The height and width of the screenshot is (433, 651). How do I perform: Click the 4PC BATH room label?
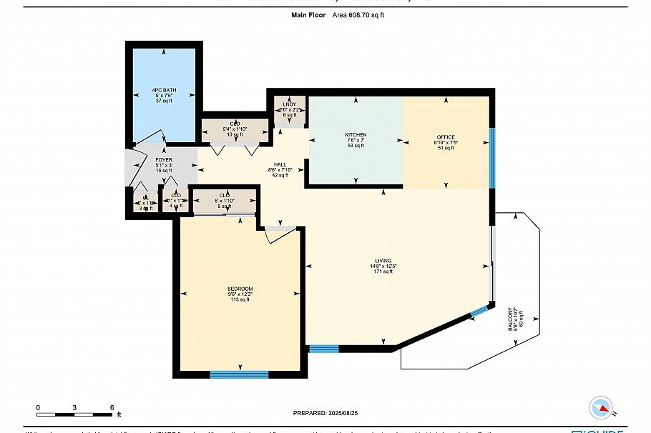[x=164, y=91]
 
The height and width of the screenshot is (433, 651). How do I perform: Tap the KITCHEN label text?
[x=356, y=135]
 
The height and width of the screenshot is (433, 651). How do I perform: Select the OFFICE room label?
[x=446, y=137]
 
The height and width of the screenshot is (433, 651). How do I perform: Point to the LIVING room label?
[x=383, y=261]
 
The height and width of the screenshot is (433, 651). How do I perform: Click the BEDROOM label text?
[x=240, y=289]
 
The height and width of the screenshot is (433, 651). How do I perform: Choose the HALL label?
[x=280, y=165]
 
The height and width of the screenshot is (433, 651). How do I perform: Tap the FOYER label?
[x=164, y=160]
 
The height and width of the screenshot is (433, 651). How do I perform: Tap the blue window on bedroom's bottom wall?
[x=239, y=374]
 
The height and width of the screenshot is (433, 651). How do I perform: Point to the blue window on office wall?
[x=491, y=157]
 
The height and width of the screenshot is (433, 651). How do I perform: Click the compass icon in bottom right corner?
[x=600, y=408]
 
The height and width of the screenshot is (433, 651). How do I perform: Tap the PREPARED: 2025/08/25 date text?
[x=325, y=412]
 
